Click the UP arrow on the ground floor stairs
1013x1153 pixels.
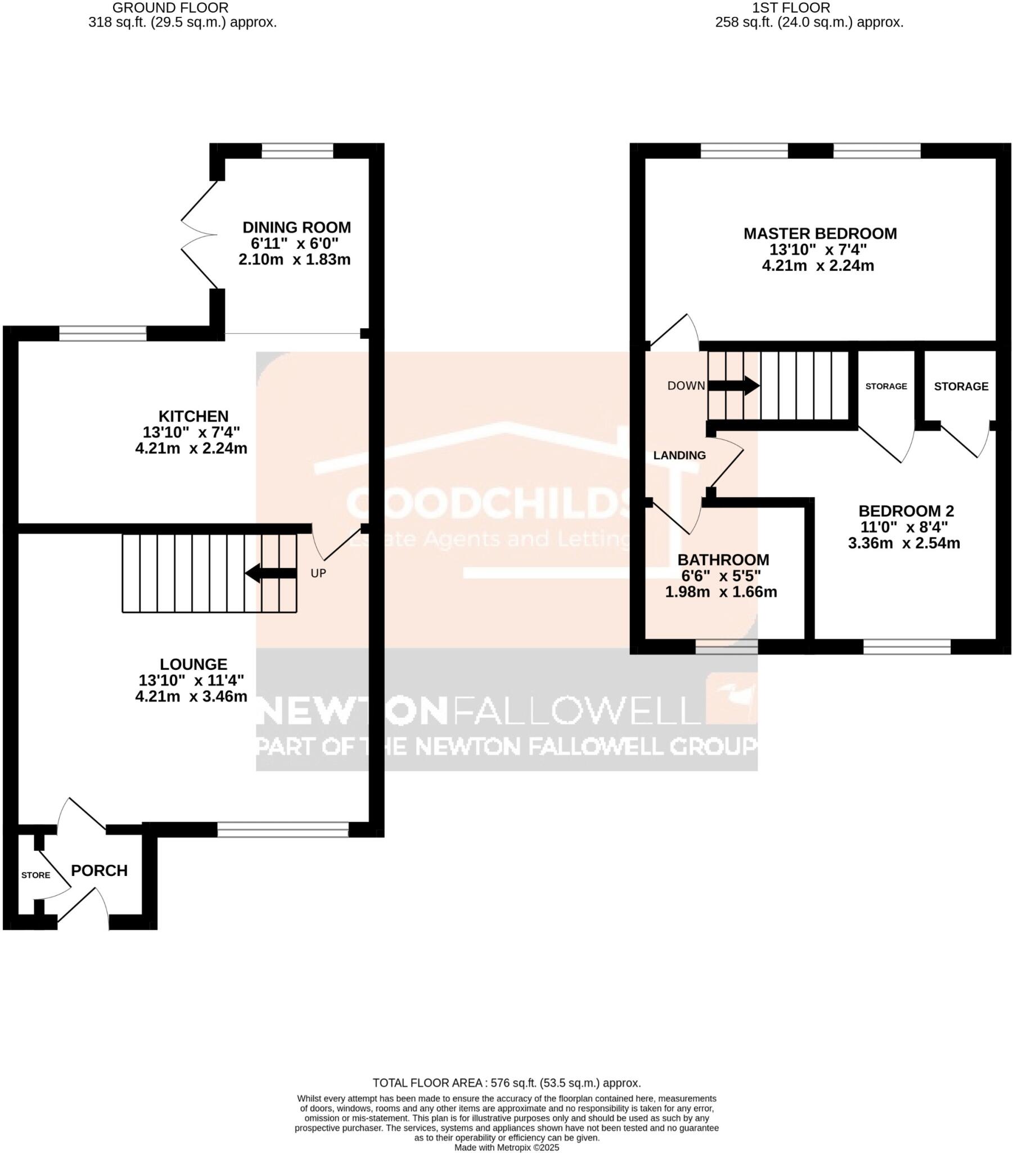(271, 573)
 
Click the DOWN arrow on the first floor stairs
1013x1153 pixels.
(733, 386)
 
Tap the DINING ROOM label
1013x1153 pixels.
(296, 227)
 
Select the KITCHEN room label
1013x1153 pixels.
(193, 416)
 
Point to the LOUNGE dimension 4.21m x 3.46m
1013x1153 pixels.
(191, 696)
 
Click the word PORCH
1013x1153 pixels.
(99, 870)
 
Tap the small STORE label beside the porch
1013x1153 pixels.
(35, 875)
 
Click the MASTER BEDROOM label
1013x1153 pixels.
(820, 234)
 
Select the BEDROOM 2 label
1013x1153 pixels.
(906, 511)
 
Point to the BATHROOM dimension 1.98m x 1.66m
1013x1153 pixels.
(721, 592)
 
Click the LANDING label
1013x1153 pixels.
(679, 455)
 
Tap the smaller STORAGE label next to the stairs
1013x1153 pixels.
(885, 386)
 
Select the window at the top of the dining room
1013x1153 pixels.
(297, 151)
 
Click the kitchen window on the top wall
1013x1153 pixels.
(102, 333)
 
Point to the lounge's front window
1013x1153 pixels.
(283, 829)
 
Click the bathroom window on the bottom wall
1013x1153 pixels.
(726, 646)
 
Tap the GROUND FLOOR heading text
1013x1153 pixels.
(170, 8)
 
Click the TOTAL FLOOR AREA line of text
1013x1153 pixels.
(506, 1083)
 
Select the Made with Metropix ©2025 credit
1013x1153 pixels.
(506, 1147)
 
